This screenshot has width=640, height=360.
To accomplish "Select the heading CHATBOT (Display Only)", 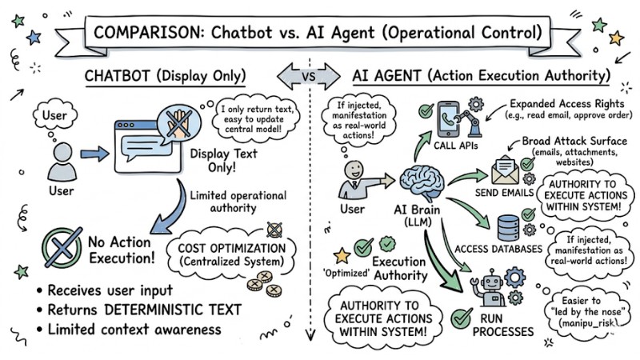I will (x=165, y=78).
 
